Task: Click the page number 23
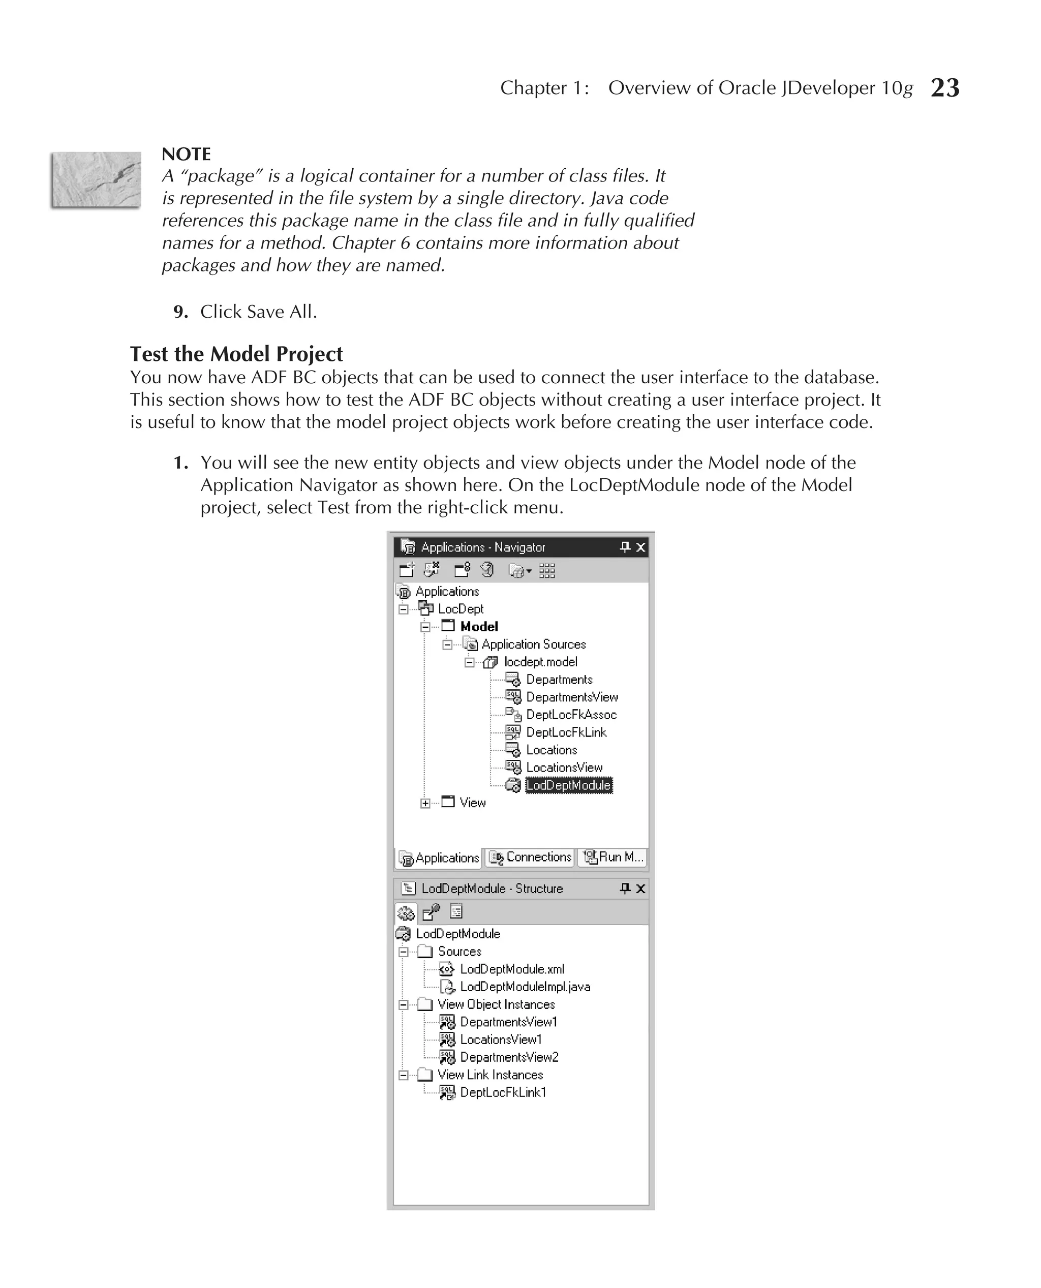(944, 88)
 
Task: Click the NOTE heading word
(186, 154)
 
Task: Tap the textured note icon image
(96, 180)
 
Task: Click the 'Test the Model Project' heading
(236, 354)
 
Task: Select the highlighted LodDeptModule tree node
(568, 785)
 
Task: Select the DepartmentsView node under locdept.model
(571, 697)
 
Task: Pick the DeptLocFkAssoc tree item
(571, 715)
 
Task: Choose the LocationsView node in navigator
(564, 768)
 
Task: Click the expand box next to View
(425, 804)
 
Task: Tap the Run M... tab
(613, 857)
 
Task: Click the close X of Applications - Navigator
(640, 547)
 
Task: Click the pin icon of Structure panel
(625, 888)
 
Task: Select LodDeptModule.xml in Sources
(511, 969)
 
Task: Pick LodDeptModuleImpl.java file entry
(525, 987)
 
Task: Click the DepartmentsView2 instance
(509, 1057)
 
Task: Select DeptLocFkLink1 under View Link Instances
(503, 1092)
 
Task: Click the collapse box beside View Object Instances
(404, 1005)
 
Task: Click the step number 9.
(180, 312)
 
